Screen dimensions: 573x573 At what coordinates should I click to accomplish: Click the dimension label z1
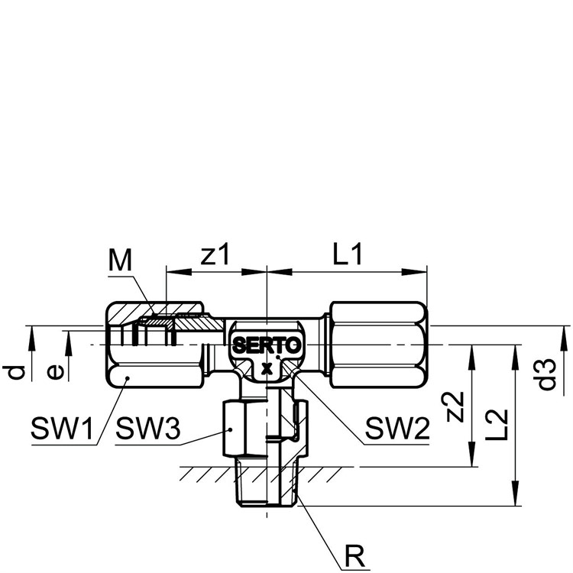(215, 254)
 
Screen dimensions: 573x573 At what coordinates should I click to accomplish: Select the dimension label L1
(348, 254)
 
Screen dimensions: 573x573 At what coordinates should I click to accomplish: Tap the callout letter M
(120, 261)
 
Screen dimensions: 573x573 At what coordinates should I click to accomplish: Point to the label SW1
(62, 429)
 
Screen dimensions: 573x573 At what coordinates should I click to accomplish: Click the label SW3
(148, 429)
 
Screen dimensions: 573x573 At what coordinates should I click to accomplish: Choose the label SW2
(397, 429)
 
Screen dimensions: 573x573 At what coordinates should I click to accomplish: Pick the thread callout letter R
(355, 556)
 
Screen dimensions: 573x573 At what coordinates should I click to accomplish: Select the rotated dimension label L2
(497, 425)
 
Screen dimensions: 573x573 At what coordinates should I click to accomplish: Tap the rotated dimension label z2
(455, 406)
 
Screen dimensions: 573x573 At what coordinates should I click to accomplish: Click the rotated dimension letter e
(56, 372)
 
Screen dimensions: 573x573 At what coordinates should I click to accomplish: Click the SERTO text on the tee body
(267, 345)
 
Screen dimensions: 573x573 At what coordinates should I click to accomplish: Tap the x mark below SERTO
(267, 369)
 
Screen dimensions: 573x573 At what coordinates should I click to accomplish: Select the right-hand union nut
(379, 345)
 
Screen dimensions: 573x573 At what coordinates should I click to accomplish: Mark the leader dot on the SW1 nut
(128, 378)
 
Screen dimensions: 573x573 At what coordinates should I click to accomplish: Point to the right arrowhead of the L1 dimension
(414, 272)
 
